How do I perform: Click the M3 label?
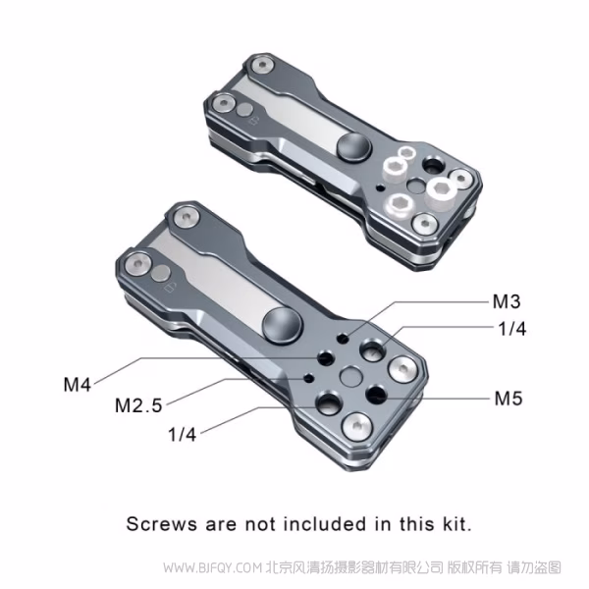pyautogui.click(x=507, y=301)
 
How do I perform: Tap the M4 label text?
pyautogui.click(x=78, y=385)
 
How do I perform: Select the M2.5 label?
pyautogui.click(x=138, y=405)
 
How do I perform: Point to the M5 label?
pyautogui.click(x=509, y=399)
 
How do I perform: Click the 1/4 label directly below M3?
pyautogui.click(x=511, y=329)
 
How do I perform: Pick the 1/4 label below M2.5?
pyautogui.click(x=183, y=435)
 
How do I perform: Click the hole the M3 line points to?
pyautogui.click(x=343, y=339)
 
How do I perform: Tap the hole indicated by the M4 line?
pyautogui.click(x=326, y=358)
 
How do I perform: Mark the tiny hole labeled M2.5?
pyautogui.click(x=309, y=378)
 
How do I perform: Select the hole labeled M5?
pyautogui.click(x=376, y=394)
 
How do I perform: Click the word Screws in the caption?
pyautogui.click(x=162, y=523)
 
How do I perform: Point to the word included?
pyautogui.click(x=325, y=523)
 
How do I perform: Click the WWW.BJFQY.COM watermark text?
pyautogui.click(x=213, y=567)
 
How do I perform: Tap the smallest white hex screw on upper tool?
pyautogui.click(x=406, y=153)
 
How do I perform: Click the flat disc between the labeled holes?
pyautogui.click(x=351, y=376)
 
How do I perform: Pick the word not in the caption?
pyautogui.click(x=260, y=523)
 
